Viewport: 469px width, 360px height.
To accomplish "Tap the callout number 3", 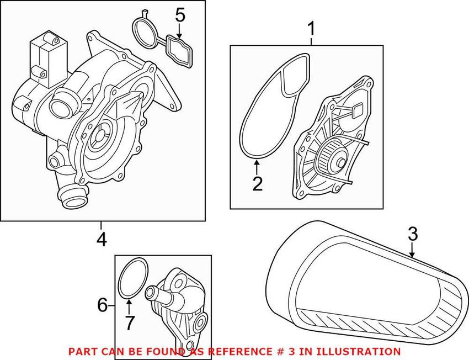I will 413,234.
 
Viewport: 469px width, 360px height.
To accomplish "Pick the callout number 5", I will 180,14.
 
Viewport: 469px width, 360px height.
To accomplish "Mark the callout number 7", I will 129,322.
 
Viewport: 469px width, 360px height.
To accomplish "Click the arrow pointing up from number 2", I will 257,165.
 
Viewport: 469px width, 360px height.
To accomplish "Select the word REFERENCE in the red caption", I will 234,351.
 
